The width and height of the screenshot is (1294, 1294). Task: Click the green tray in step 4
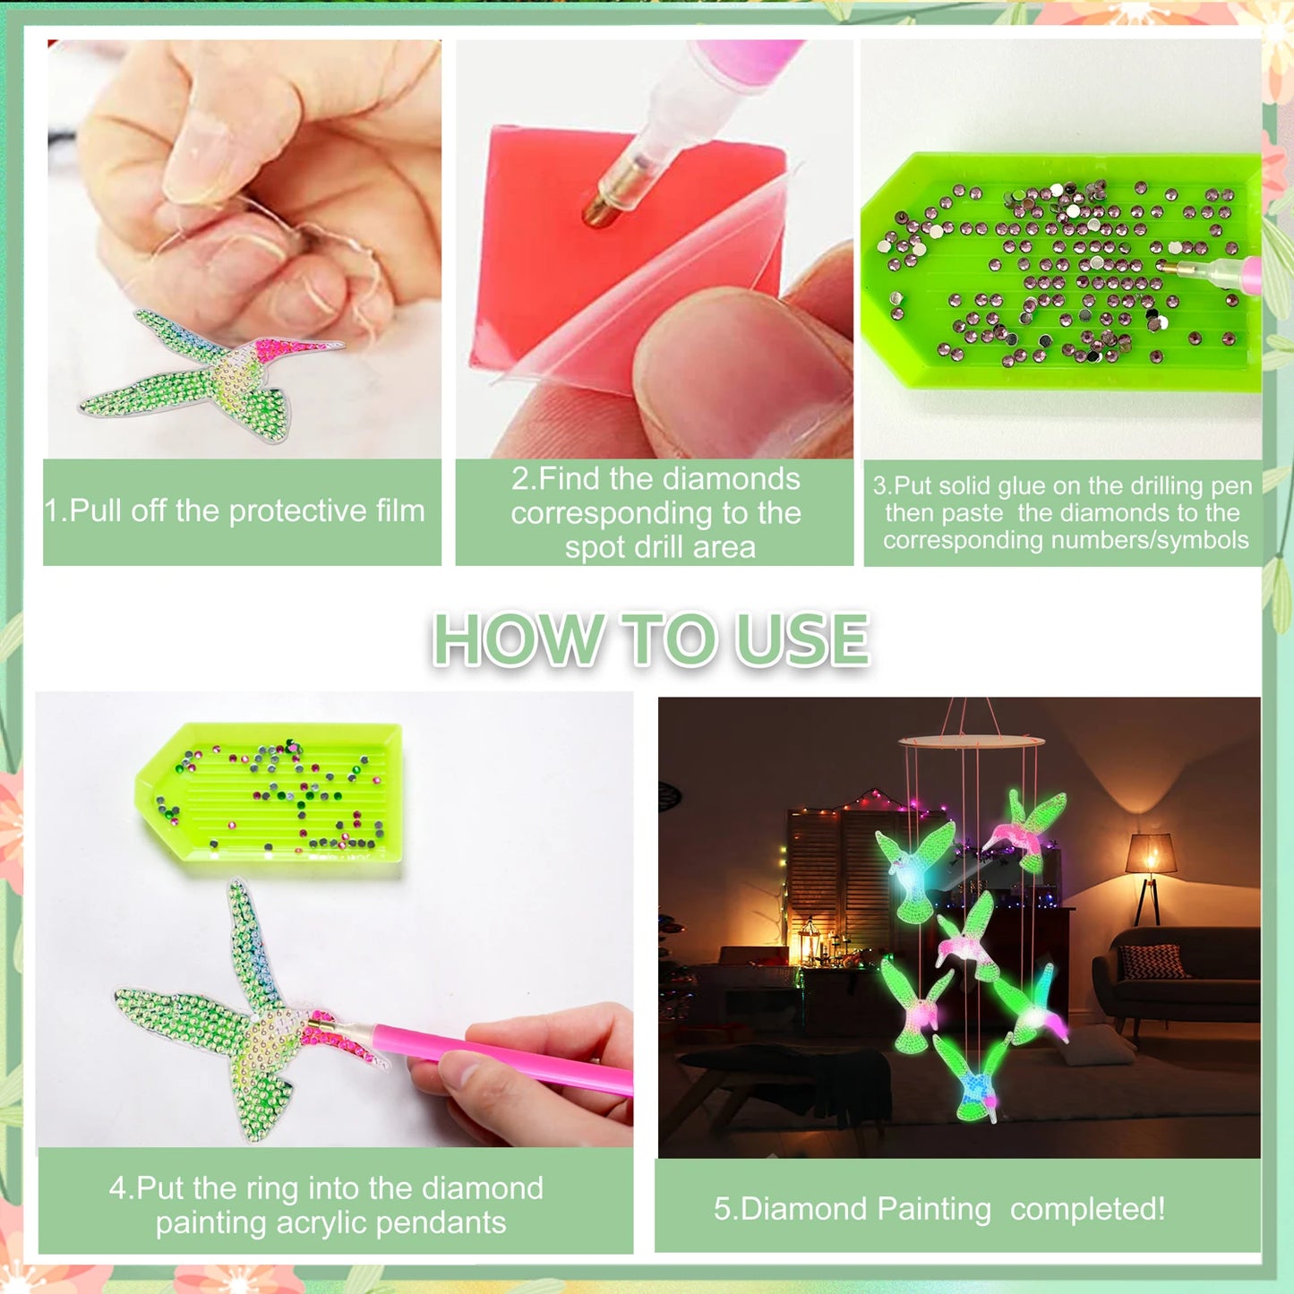269,793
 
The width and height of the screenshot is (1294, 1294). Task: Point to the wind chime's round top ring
971,741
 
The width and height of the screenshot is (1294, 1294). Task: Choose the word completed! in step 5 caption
1087,1209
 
